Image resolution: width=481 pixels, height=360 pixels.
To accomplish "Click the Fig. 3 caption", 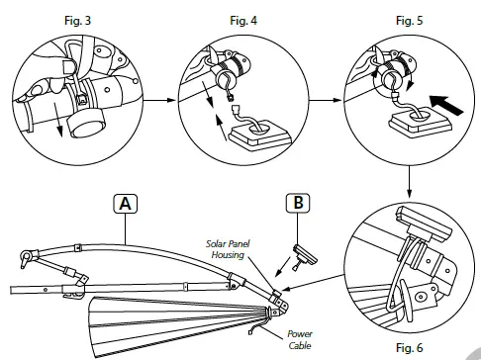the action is [x=77, y=21].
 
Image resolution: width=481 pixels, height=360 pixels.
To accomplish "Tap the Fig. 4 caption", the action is [x=243, y=21].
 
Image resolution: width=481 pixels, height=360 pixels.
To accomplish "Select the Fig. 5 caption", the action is [x=409, y=21].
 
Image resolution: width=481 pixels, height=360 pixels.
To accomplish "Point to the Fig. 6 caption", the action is [x=409, y=347].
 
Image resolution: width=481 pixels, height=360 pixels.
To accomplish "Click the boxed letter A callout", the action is [x=125, y=204].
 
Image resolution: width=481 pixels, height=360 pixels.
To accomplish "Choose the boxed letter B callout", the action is [x=298, y=203].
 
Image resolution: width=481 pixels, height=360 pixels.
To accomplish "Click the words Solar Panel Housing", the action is [x=228, y=249].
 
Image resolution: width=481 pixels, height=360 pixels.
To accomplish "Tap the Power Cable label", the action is [x=300, y=339].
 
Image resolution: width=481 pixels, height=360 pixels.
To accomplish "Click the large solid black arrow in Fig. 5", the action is [x=446, y=105].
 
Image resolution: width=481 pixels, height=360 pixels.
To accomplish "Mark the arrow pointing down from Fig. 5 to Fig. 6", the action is [x=409, y=182].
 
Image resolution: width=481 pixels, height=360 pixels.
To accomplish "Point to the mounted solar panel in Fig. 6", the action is [x=424, y=225].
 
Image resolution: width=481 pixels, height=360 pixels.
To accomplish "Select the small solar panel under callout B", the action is [x=305, y=255].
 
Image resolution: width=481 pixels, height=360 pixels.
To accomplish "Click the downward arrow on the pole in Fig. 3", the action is [x=57, y=119].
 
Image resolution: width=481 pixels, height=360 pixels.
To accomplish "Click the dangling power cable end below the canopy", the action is [x=253, y=329].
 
